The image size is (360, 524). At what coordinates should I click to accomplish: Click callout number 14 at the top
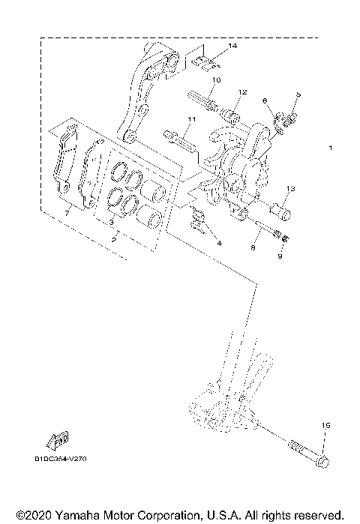click(x=232, y=46)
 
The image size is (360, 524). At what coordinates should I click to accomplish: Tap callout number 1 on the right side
click(x=330, y=148)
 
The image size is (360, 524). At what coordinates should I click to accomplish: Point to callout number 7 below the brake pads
click(x=67, y=214)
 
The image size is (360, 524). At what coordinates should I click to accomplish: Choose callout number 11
click(x=192, y=119)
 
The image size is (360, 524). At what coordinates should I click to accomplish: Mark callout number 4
click(x=219, y=243)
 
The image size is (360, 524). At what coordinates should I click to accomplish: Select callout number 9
click(x=281, y=255)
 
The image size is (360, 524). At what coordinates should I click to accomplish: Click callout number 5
click(x=298, y=94)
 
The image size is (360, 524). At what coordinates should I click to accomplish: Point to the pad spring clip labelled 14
click(x=206, y=60)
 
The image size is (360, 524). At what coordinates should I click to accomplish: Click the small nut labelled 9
click(x=286, y=239)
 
